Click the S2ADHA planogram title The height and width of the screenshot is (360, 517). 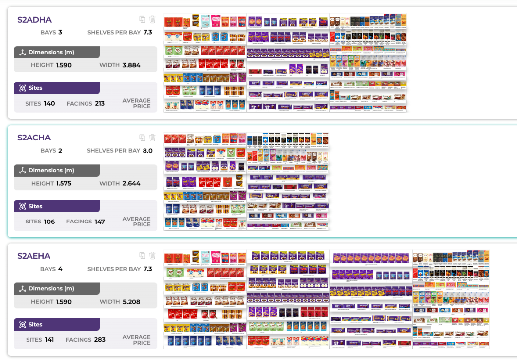(34, 20)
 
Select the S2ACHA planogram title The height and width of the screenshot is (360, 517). (34, 138)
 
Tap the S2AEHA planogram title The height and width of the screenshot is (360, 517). (34, 256)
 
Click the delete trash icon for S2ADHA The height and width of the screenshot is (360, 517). (152, 19)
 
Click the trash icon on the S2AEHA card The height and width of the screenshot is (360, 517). (152, 255)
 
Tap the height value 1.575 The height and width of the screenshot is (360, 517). (64, 183)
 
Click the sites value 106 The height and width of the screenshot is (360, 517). (49, 222)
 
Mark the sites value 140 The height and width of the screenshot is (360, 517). (49, 103)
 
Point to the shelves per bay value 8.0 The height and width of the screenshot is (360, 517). (147, 151)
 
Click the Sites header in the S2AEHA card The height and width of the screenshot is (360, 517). (35, 324)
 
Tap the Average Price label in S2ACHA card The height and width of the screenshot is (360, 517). (137, 222)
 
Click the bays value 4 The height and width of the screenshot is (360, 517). (60, 269)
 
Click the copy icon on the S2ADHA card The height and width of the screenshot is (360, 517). (142, 19)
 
